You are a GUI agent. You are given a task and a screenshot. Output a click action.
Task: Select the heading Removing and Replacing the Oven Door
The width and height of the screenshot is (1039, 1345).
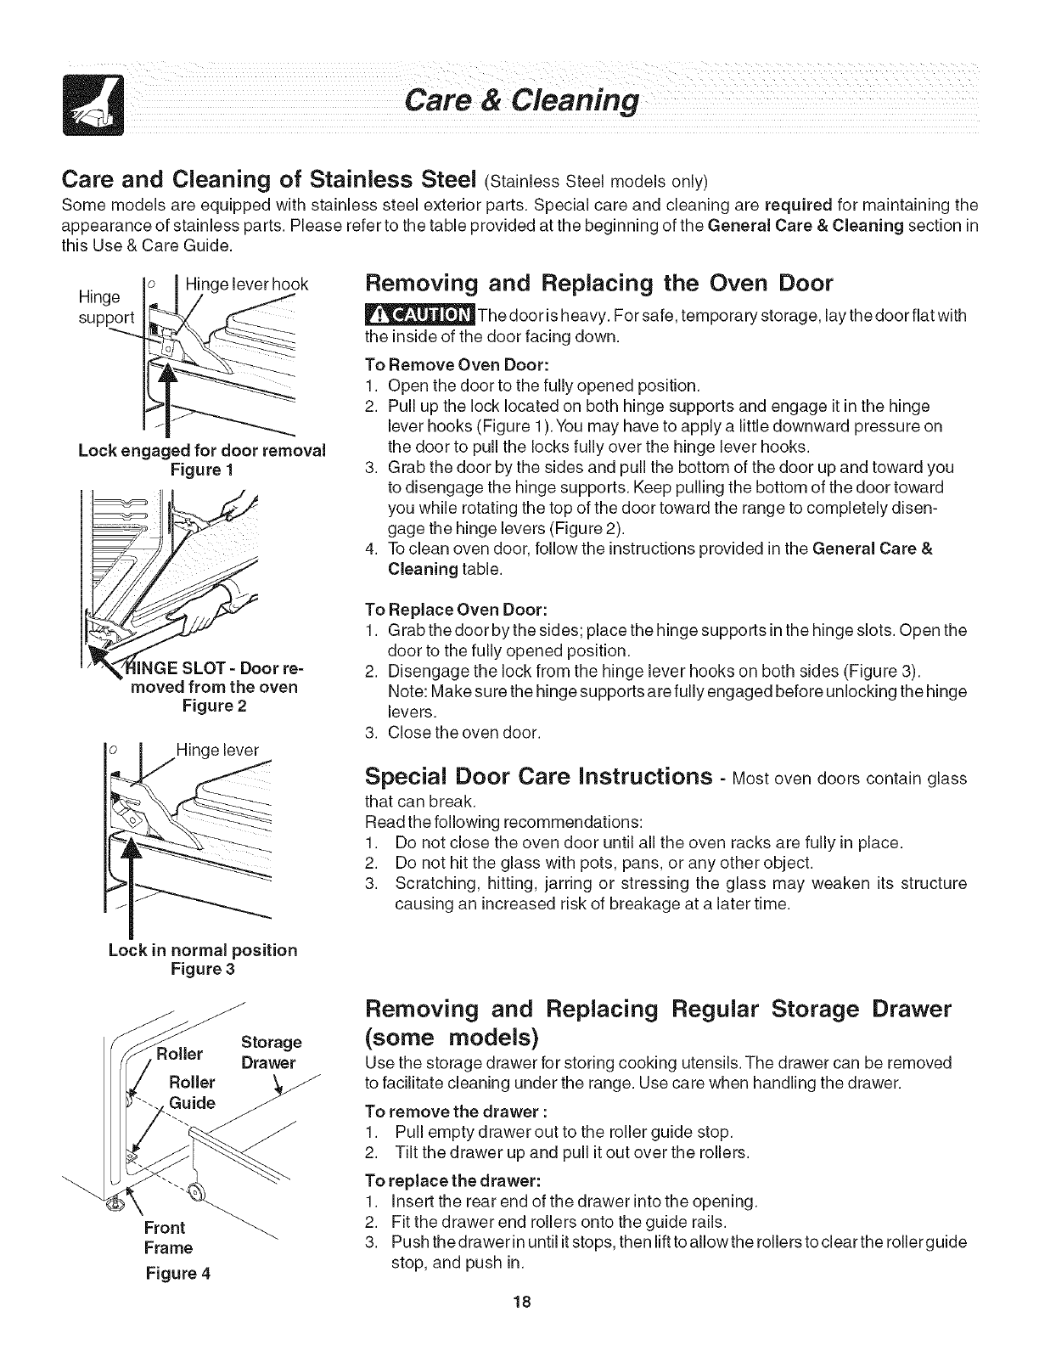(598, 283)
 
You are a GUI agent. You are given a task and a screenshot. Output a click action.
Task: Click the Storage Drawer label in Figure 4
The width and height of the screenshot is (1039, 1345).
(271, 1052)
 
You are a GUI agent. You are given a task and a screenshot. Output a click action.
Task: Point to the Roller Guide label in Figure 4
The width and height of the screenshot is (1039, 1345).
(192, 1093)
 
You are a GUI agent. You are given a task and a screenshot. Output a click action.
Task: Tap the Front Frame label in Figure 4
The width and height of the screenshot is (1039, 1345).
(169, 1237)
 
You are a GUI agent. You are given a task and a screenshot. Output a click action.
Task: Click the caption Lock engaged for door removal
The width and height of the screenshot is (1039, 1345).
(201, 450)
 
